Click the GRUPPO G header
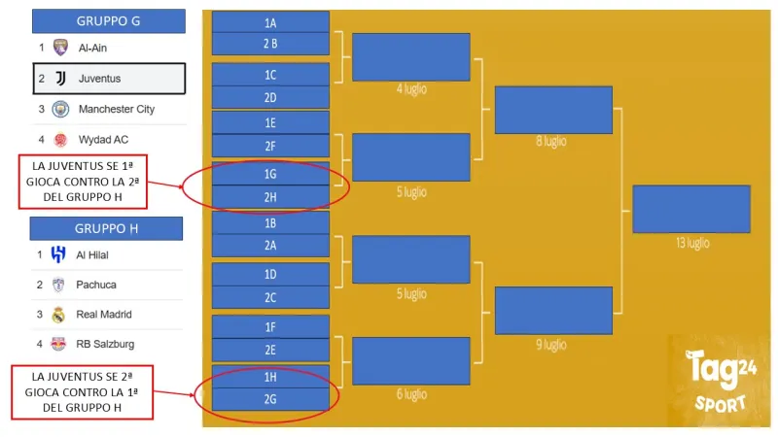tap(108, 21)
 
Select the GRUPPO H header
tap(106, 229)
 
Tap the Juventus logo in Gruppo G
tap(60, 78)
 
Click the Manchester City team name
tap(117, 109)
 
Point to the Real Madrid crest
tap(58, 315)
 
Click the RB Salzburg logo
tap(58, 343)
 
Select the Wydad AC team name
tap(103, 139)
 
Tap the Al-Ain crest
tap(60, 47)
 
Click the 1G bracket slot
tap(270, 173)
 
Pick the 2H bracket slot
tap(270, 196)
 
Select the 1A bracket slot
tap(270, 21)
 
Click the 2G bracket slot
tap(270, 398)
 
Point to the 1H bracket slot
tap(270, 375)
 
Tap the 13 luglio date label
tap(690, 242)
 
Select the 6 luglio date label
tap(410, 394)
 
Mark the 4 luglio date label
tap(410, 88)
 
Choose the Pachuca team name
tap(96, 285)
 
